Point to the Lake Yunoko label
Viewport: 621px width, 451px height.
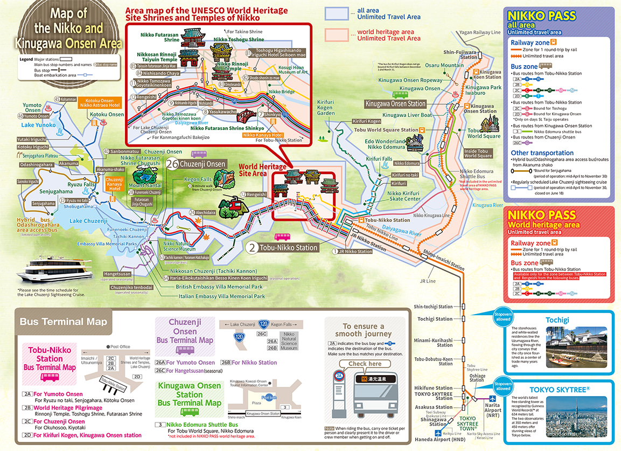39,125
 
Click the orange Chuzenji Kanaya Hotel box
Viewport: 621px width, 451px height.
114,184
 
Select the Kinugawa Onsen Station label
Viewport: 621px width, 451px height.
395,103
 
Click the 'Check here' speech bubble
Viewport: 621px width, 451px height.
365,364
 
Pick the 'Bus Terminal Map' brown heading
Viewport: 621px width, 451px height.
64,322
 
